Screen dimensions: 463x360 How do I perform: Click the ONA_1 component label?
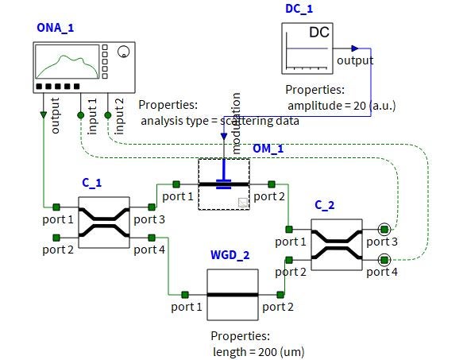(x=56, y=28)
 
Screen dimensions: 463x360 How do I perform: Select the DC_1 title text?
(x=299, y=9)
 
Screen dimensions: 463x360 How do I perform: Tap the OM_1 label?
(x=268, y=149)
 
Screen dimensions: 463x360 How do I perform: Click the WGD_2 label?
(x=230, y=255)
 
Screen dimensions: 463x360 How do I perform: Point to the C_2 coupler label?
(x=325, y=205)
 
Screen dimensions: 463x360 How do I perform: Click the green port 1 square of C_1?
(x=56, y=207)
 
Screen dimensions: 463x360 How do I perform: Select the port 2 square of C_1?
(x=56, y=238)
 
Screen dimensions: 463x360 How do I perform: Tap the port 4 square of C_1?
(x=152, y=238)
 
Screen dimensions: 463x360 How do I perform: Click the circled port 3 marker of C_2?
(x=384, y=229)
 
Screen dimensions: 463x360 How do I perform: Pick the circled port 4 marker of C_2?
(x=384, y=260)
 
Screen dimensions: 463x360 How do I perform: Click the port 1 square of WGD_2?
(x=185, y=295)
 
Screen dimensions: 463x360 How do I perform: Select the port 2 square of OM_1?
(x=272, y=184)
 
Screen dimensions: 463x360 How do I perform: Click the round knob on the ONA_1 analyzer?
(x=123, y=52)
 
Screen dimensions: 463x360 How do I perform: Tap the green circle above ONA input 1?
(x=81, y=115)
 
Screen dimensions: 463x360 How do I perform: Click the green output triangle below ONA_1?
(x=44, y=114)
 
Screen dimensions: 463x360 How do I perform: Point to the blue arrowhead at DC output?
(x=355, y=48)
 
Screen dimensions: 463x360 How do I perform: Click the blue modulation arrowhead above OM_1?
(x=224, y=136)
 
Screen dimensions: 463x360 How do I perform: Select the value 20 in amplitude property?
(x=360, y=106)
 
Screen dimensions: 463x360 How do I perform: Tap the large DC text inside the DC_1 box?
(x=319, y=33)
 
